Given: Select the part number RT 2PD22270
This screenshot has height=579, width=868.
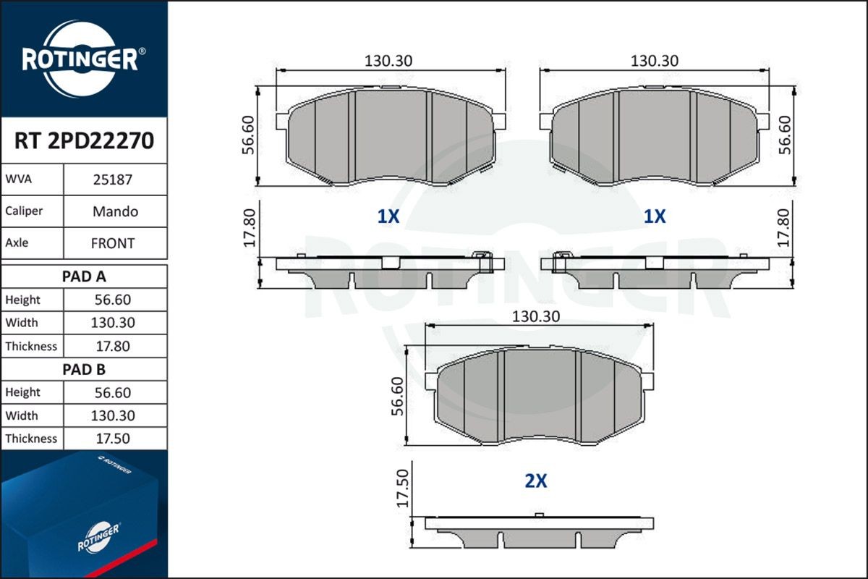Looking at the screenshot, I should coord(83,140).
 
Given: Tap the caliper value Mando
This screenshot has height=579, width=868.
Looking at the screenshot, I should coord(115,212).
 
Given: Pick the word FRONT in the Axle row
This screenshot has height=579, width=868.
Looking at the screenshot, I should coord(113,244).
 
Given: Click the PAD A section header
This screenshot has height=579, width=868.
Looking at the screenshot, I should coord(83,276).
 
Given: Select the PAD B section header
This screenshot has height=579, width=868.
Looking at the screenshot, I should coord(83,369).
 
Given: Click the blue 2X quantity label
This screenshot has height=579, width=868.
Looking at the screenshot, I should coord(535,481).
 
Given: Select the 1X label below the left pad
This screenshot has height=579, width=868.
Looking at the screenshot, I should coord(388,216).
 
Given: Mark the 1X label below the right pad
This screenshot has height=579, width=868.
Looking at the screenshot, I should coord(655,216).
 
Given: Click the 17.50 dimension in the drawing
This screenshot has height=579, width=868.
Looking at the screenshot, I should coord(403,488).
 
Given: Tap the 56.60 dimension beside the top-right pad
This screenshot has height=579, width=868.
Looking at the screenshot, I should coord(783,134).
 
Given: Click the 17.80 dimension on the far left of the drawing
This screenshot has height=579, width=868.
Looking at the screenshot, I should coord(250,228).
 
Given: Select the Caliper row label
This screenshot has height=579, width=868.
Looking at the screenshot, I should coord(24,211).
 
